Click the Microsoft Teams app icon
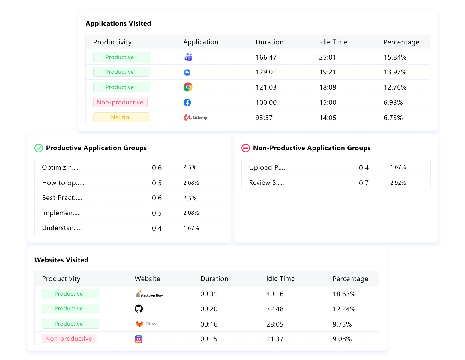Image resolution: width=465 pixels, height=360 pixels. (188, 57)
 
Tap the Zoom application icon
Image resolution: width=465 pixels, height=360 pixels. (187, 72)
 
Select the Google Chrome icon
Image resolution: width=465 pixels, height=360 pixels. (188, 87)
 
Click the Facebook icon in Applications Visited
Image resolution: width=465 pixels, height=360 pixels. (187, 103)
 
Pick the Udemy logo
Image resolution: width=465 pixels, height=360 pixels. (195, 117)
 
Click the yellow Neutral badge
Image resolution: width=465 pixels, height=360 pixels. (121, 117)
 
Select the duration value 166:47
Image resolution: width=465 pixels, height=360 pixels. (266, 57)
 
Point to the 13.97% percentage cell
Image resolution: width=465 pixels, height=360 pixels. (395, 72)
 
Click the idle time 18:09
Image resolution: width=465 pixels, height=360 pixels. (328, 87)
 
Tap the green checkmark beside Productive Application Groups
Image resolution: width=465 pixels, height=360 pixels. (39, 148)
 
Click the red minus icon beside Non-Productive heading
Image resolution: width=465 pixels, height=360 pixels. (246, 148)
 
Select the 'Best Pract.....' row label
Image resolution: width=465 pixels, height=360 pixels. (62, 198)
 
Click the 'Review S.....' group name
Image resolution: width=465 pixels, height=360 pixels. (266, 183)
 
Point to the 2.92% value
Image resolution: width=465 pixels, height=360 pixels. (398, 183)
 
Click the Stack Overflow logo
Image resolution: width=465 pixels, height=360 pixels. (149, 294)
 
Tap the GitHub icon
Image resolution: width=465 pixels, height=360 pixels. (139, 309)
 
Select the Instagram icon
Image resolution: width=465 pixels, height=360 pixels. (138, 339)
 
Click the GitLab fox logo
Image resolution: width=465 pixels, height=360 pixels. (139, 324)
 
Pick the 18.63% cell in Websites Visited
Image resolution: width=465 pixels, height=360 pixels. (344, 294)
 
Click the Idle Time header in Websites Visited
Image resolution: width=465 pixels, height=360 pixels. (280, 279)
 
